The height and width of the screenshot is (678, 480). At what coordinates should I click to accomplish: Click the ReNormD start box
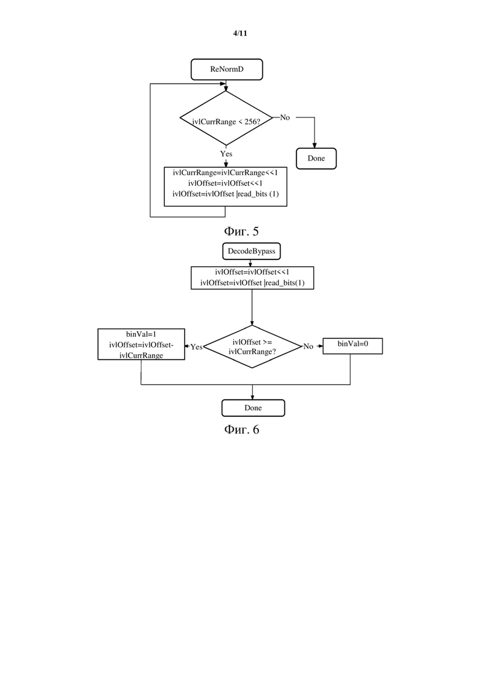[x=227, y=69]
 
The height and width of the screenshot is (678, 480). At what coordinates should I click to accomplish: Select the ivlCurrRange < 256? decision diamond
[x=226, y=118]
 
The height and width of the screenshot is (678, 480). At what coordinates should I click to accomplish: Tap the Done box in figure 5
[x=316, y=158]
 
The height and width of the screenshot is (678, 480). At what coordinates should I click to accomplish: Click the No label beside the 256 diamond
[x=285, y=117]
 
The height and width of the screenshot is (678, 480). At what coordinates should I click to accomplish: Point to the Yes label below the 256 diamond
[x=226, y=154]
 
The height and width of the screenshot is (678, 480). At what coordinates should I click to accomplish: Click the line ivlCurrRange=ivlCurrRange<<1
[x=225, y=173]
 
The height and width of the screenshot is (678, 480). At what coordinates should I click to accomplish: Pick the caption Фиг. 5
[x=241, y=231]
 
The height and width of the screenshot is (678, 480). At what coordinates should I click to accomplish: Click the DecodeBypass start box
[x=252, y=251]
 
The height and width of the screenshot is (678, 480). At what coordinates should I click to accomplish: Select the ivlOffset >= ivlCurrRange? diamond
[x=252, y=347]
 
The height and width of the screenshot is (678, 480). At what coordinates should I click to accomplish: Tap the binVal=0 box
[x=353, y=346]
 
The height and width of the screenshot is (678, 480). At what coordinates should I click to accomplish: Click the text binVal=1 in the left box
[x=141, y=334]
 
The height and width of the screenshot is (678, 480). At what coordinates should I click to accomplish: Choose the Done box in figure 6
[x=253, y=408]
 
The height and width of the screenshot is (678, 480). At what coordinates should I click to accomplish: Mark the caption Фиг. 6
[x=241, y=430]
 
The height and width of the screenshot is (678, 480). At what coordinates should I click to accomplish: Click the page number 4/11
[x=240, y=33]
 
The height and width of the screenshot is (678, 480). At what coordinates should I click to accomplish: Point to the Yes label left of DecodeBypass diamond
[x=196, y=347]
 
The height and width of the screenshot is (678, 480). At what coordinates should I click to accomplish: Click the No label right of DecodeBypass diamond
[x=308, y=346]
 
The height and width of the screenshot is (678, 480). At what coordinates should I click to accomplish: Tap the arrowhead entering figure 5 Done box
[x=314, y=145]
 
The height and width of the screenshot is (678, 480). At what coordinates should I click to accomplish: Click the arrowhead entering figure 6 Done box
[x=252, y=397]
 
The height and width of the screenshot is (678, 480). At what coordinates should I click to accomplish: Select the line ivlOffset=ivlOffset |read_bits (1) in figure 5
[x=225, y=194]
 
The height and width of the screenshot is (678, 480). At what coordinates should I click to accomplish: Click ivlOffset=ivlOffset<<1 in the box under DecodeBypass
[x=252, y=272]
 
